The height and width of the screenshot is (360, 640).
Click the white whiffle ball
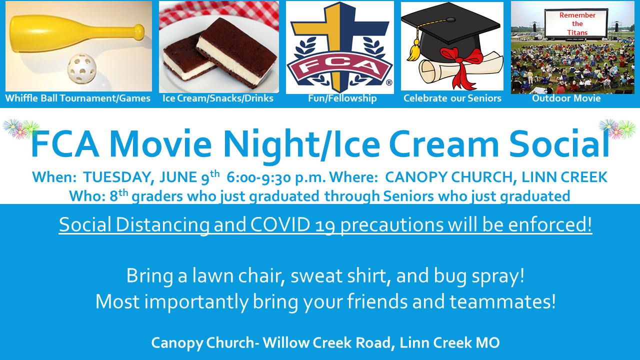click(82, 69)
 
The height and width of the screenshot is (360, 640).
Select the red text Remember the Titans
click(577, 23)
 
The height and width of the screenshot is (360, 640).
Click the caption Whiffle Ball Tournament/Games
click(77, 98)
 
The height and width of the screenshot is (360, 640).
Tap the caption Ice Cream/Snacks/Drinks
click(218, 98)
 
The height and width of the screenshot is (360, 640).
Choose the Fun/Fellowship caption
click(342, 98)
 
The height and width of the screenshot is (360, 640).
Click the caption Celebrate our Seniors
click(452, 98)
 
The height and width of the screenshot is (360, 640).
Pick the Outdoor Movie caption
click(566, 98)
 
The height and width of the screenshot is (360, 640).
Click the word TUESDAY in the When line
click(119, 177)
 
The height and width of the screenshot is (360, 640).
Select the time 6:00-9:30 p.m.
click(276, 177)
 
